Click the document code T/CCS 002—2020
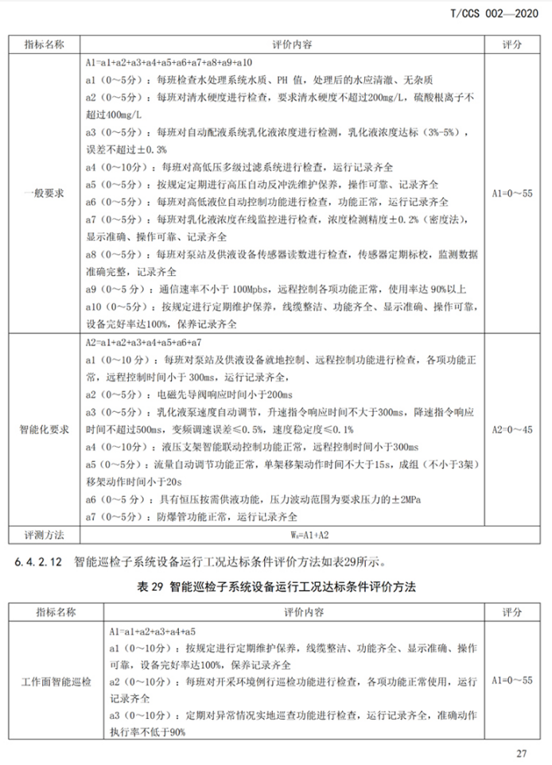coord(492,14)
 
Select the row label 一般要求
coord(45,193)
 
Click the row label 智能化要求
coord(45,429)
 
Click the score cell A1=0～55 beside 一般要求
coord(511,193)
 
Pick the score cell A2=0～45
coord(511,429)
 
